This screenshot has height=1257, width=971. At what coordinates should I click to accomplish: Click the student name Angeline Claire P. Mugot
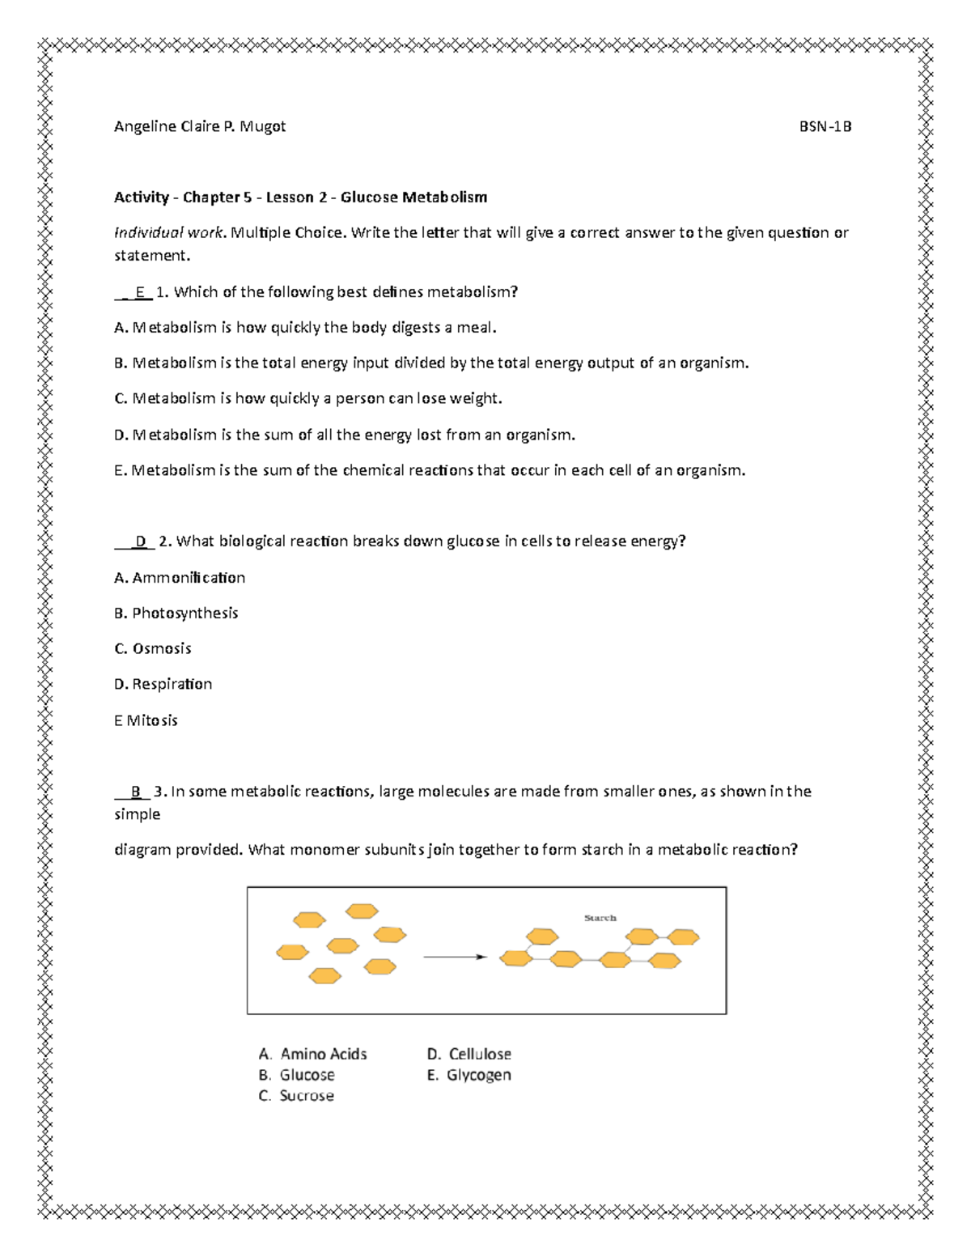199,126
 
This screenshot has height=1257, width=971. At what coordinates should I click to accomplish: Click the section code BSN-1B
825,126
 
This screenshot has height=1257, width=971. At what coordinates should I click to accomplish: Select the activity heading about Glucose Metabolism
300,197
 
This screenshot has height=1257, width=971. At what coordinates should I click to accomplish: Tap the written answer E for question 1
139,292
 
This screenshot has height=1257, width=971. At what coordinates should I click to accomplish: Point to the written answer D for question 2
141,541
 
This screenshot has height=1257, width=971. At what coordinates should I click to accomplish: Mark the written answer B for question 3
135,791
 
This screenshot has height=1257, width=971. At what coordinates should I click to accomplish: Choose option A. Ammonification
180,577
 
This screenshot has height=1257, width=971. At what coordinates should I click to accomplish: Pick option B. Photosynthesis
176,613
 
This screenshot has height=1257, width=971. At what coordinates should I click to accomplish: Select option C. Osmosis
153,648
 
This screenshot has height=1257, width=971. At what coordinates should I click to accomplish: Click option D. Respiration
163,684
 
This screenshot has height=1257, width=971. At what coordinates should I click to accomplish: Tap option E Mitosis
146,720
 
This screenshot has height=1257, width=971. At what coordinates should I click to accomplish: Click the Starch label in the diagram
600,918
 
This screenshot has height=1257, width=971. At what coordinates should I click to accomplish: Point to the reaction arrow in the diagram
455,957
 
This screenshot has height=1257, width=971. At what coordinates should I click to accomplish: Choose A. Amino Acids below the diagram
312,1054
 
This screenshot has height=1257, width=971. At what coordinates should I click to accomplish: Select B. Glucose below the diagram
296,1075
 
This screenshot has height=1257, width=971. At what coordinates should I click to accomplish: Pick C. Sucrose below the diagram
296,1096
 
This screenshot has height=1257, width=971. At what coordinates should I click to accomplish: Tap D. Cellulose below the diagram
469,1054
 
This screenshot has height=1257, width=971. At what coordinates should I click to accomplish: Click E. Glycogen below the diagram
469,1075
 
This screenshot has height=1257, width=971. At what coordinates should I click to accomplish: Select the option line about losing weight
308,398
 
